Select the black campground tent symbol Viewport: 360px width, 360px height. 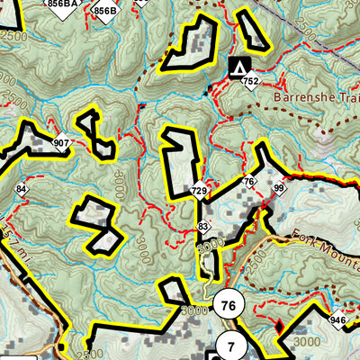point(240,66)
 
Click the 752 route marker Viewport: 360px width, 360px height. point(251,83)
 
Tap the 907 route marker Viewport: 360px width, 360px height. point(61,143)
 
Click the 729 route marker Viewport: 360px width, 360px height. point(199,191)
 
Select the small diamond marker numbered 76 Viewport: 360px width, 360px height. point(249,183)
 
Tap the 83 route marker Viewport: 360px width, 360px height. point(203,226)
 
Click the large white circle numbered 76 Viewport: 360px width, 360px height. point(228,306)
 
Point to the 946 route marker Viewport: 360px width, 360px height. point(337,319)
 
